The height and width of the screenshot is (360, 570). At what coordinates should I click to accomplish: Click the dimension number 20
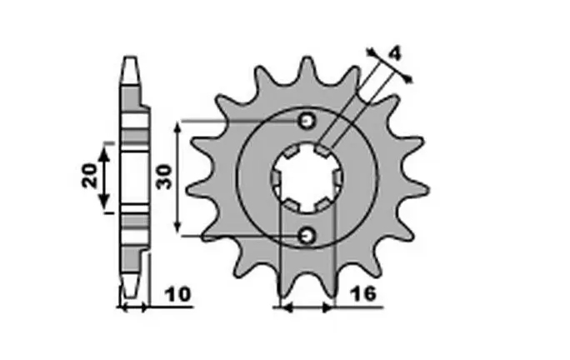point(90,176)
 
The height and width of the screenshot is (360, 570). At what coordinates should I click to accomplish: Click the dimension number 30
point(163,177)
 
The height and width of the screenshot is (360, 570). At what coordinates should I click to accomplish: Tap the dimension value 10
point(177,294)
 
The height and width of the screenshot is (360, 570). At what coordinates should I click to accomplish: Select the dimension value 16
point(363,294)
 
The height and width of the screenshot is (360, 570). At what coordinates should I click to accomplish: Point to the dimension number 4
point(394,54)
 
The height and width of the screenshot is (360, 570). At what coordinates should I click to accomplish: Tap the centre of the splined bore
point(307,178)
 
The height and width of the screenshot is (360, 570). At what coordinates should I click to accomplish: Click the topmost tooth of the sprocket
point(307,70)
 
